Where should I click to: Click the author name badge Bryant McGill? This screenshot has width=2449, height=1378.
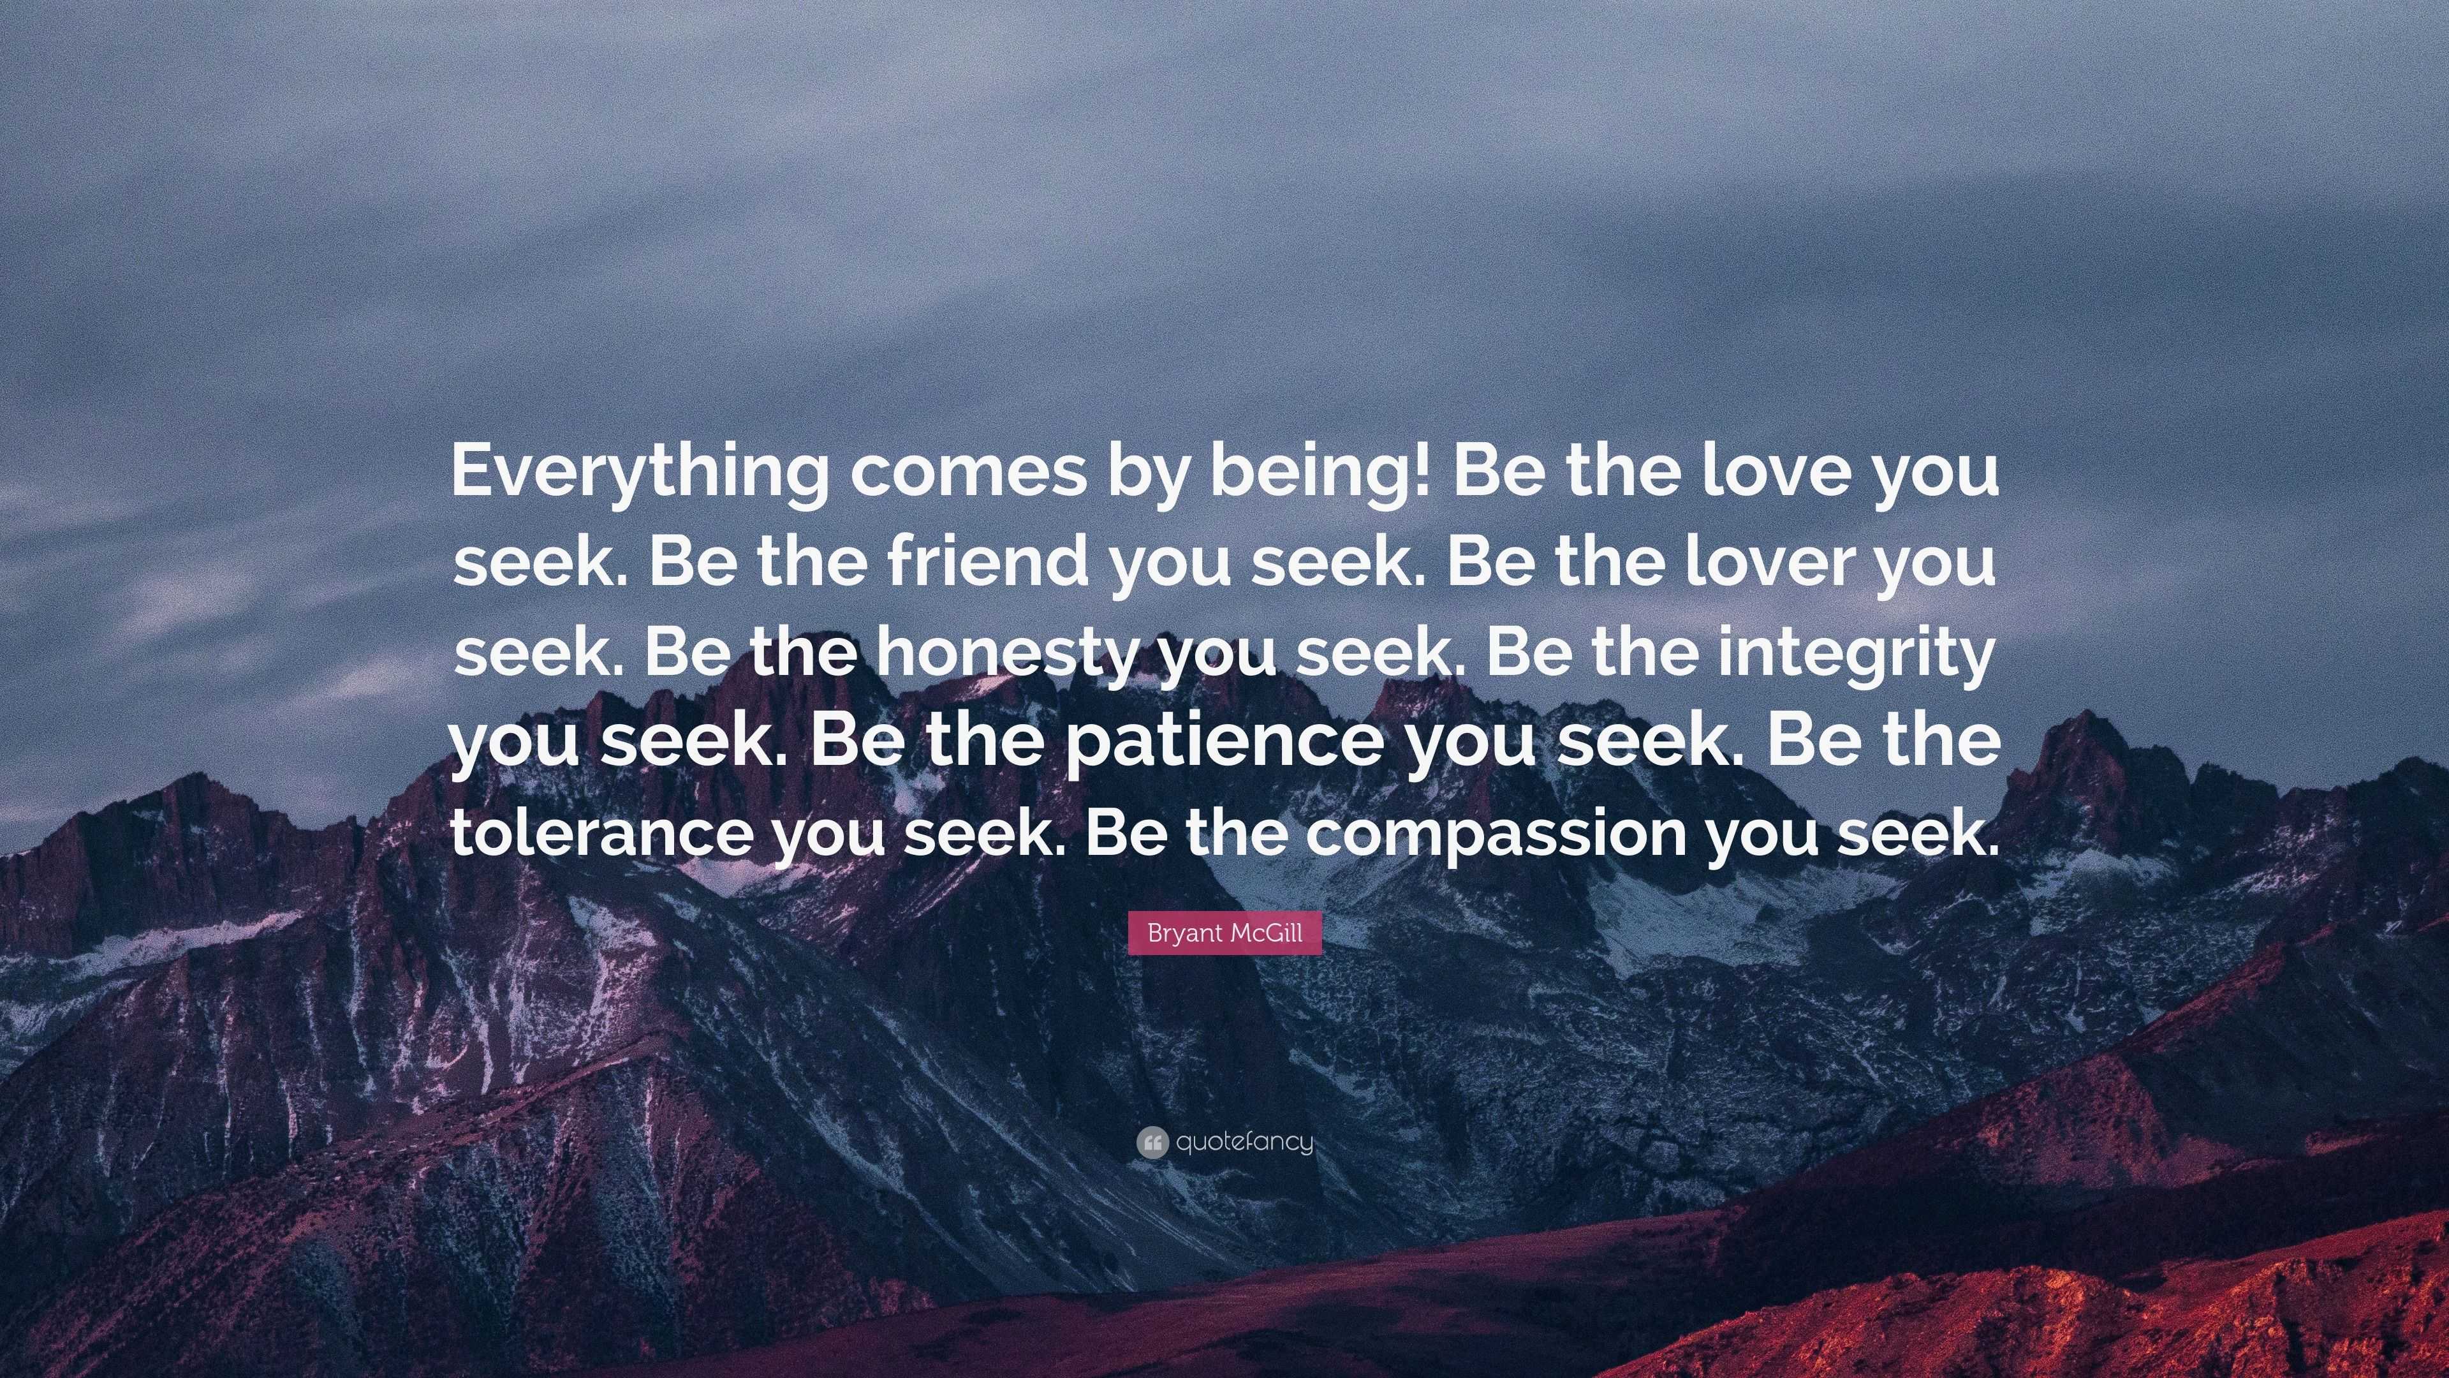[x=1224, y=933]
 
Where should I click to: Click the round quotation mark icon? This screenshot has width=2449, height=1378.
[x=1151, y=1142]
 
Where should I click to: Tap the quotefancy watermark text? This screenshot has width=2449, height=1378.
[x=1244, y=1141]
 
